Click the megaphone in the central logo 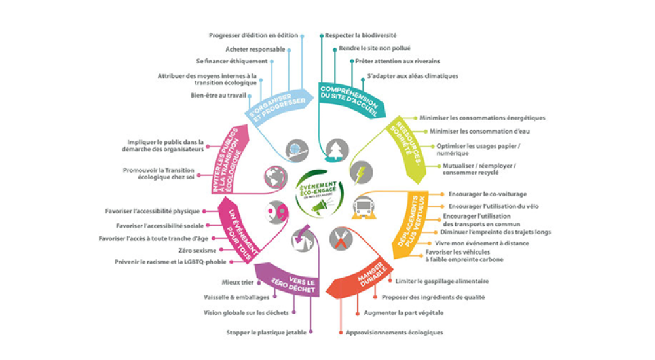[x=322, y=206]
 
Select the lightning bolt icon [x=361, y=174]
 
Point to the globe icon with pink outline [x=273, y=177]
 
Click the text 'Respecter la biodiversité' [x=361, y=35]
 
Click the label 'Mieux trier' [x=238, y=283]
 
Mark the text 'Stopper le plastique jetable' [x=266, y=333]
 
